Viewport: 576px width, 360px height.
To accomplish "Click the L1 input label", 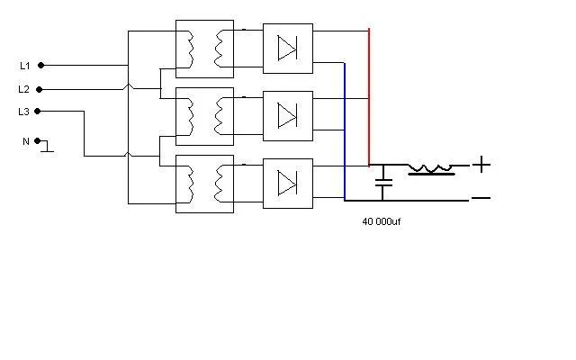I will [x=24, y=66].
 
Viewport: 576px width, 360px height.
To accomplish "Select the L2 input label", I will [x=24, y=89].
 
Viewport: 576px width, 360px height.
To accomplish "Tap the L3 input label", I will [x=24, y=112].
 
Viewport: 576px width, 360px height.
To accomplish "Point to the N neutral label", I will [x=25, y=141].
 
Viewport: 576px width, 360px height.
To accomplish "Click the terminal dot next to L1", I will [x=41, y=66].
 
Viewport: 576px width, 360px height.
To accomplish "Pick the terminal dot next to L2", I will [x=41, y=89].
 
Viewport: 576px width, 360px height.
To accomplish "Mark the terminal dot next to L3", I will [x=41, y=112].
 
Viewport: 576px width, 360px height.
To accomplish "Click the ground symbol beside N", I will [x=46, y=146].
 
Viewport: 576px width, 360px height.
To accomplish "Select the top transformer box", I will [x=204, y=49].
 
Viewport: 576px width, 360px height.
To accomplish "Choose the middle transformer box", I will [x=204, y=116].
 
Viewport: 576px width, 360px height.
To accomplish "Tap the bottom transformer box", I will [x=204, y=184].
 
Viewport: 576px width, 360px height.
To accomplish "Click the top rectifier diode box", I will [x=288, y=49].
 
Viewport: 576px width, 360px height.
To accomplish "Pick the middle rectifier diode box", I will [x=288, y=115].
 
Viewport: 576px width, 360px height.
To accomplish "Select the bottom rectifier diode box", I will [x=288, y=183].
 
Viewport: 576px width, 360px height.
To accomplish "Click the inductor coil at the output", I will [x=430, y=168].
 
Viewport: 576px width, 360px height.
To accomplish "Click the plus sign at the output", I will [x=482, y=165].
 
